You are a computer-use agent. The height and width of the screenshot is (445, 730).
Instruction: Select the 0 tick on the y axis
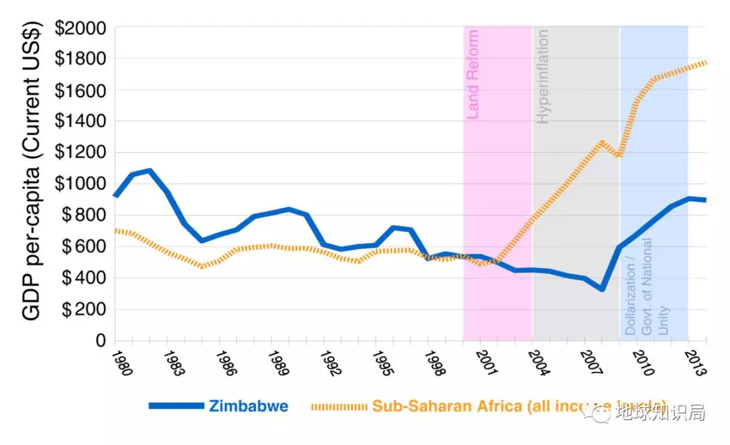pos(100,341)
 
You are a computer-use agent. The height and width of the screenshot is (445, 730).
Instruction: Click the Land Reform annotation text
pos(473,74)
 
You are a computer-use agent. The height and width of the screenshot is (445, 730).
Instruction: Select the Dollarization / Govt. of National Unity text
pos(646,287)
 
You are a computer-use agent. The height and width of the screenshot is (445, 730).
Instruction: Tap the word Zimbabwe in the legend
pos(249,406)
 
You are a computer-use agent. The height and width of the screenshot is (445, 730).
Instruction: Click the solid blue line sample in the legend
pos(176,406)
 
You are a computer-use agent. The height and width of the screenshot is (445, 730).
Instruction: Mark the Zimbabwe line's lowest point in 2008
pos(600,289)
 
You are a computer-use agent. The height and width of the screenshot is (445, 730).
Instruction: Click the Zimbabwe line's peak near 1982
pos(149,170)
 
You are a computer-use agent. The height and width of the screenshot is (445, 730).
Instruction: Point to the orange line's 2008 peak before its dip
pos(601,142)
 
